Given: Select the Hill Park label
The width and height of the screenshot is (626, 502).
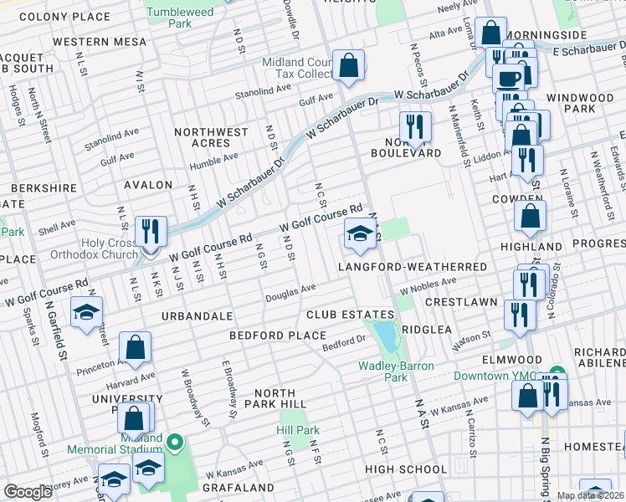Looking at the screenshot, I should pos(299,430).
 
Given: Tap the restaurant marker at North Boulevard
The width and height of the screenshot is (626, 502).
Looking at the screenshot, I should pos(414,127).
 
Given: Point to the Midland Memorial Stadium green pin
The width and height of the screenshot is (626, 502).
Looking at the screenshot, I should pos(175,442).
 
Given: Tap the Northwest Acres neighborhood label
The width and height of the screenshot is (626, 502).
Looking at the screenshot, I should pos(212,137).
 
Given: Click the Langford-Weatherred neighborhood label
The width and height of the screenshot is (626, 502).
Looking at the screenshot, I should pos(413,267).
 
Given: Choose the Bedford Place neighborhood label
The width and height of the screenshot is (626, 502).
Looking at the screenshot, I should pos(278,336).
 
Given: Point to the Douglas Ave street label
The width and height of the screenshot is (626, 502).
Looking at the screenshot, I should pos(290,293).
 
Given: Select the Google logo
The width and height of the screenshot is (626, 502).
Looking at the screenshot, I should pos(28,492).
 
